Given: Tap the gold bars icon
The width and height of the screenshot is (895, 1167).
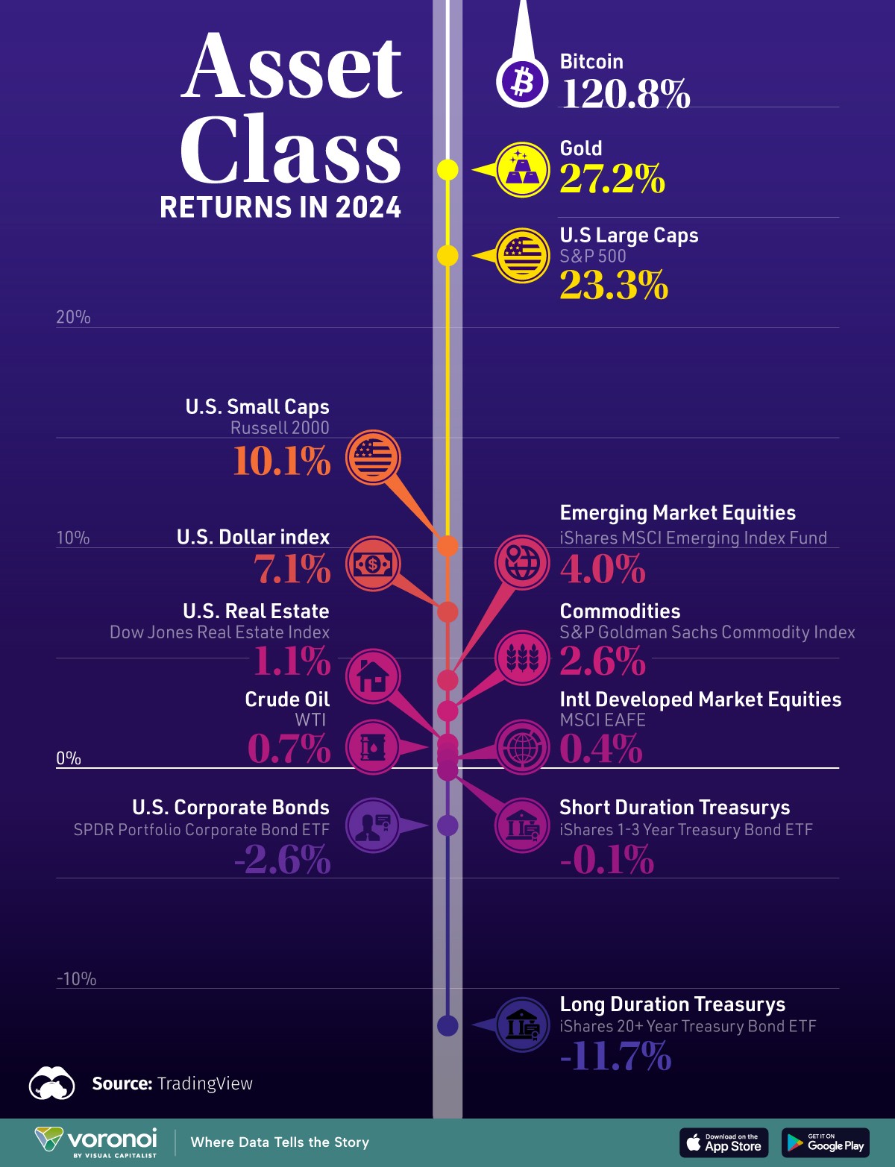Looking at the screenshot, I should pyautogui.click(x=522, y=170).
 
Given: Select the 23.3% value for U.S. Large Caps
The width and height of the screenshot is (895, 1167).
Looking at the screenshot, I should pyautogui.click(x=614, y=286).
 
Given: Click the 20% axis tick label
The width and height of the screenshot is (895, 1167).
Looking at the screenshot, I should pyautogui.click(x=73, y=317).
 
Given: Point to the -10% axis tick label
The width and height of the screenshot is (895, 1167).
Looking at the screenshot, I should pyautogui.click(x=76, y=979).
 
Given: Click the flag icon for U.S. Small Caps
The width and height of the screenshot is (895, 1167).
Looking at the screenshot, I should pyautogui.click(x=373, y=457).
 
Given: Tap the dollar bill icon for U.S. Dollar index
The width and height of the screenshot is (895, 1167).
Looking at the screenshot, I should pyautogui.click(x=373, y=564).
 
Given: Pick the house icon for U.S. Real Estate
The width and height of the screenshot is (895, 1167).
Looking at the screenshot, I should pyautogui.click(x=373, y=676).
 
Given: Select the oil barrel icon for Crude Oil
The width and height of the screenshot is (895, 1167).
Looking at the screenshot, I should pyautogui.click(x=373, y=746).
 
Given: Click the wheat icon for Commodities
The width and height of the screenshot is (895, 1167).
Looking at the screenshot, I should pyautogui.click(x=522, y=658).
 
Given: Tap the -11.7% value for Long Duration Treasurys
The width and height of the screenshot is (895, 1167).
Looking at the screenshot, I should pyautogui.click(x=615, y=1057).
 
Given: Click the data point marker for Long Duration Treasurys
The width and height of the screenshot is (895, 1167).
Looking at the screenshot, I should pyautogui.click(x=447, y=1025).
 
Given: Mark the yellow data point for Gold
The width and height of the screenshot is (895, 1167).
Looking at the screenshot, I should pyautogui.click(x=447, y=170).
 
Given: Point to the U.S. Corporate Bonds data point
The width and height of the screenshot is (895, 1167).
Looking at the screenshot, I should pyautogui.click(x=447, y=825).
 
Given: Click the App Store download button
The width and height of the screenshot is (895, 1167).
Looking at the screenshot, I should pyautogui.click(x=724, y=1142).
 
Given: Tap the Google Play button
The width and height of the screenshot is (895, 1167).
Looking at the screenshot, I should pyautogui.click(x=826, y=1142).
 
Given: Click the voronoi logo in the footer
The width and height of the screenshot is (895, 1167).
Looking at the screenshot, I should pyautogui.click(x=97, y=1142).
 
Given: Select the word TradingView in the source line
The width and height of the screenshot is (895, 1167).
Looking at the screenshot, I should pyautogui.click(x=204, y=1083).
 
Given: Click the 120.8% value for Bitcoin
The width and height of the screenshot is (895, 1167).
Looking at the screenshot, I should pyautogui.click(x=625, y=94).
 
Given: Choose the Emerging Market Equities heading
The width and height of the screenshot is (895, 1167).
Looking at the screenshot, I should pyautogui.click(x=677, y=513).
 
